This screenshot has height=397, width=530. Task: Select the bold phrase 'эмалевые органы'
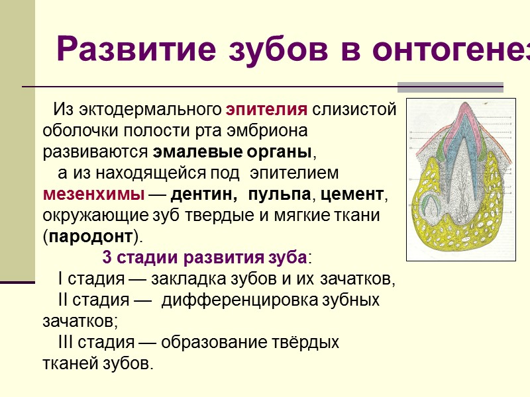point(232,151)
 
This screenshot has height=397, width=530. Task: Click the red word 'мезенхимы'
point(93,195)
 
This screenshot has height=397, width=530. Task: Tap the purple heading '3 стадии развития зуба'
point(205,257)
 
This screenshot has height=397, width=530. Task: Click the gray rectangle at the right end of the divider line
point(450,87)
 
